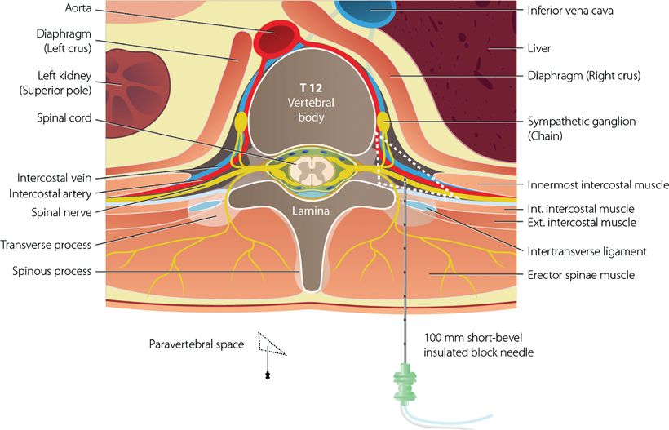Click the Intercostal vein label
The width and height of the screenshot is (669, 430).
(x=51, y=177)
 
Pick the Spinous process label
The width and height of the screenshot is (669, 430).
(x=51, y=271)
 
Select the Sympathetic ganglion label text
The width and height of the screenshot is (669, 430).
(x=582, y=121)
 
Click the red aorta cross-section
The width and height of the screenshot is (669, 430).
(x=276, y=37)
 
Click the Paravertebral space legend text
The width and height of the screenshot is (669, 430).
(x=197, y=344)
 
